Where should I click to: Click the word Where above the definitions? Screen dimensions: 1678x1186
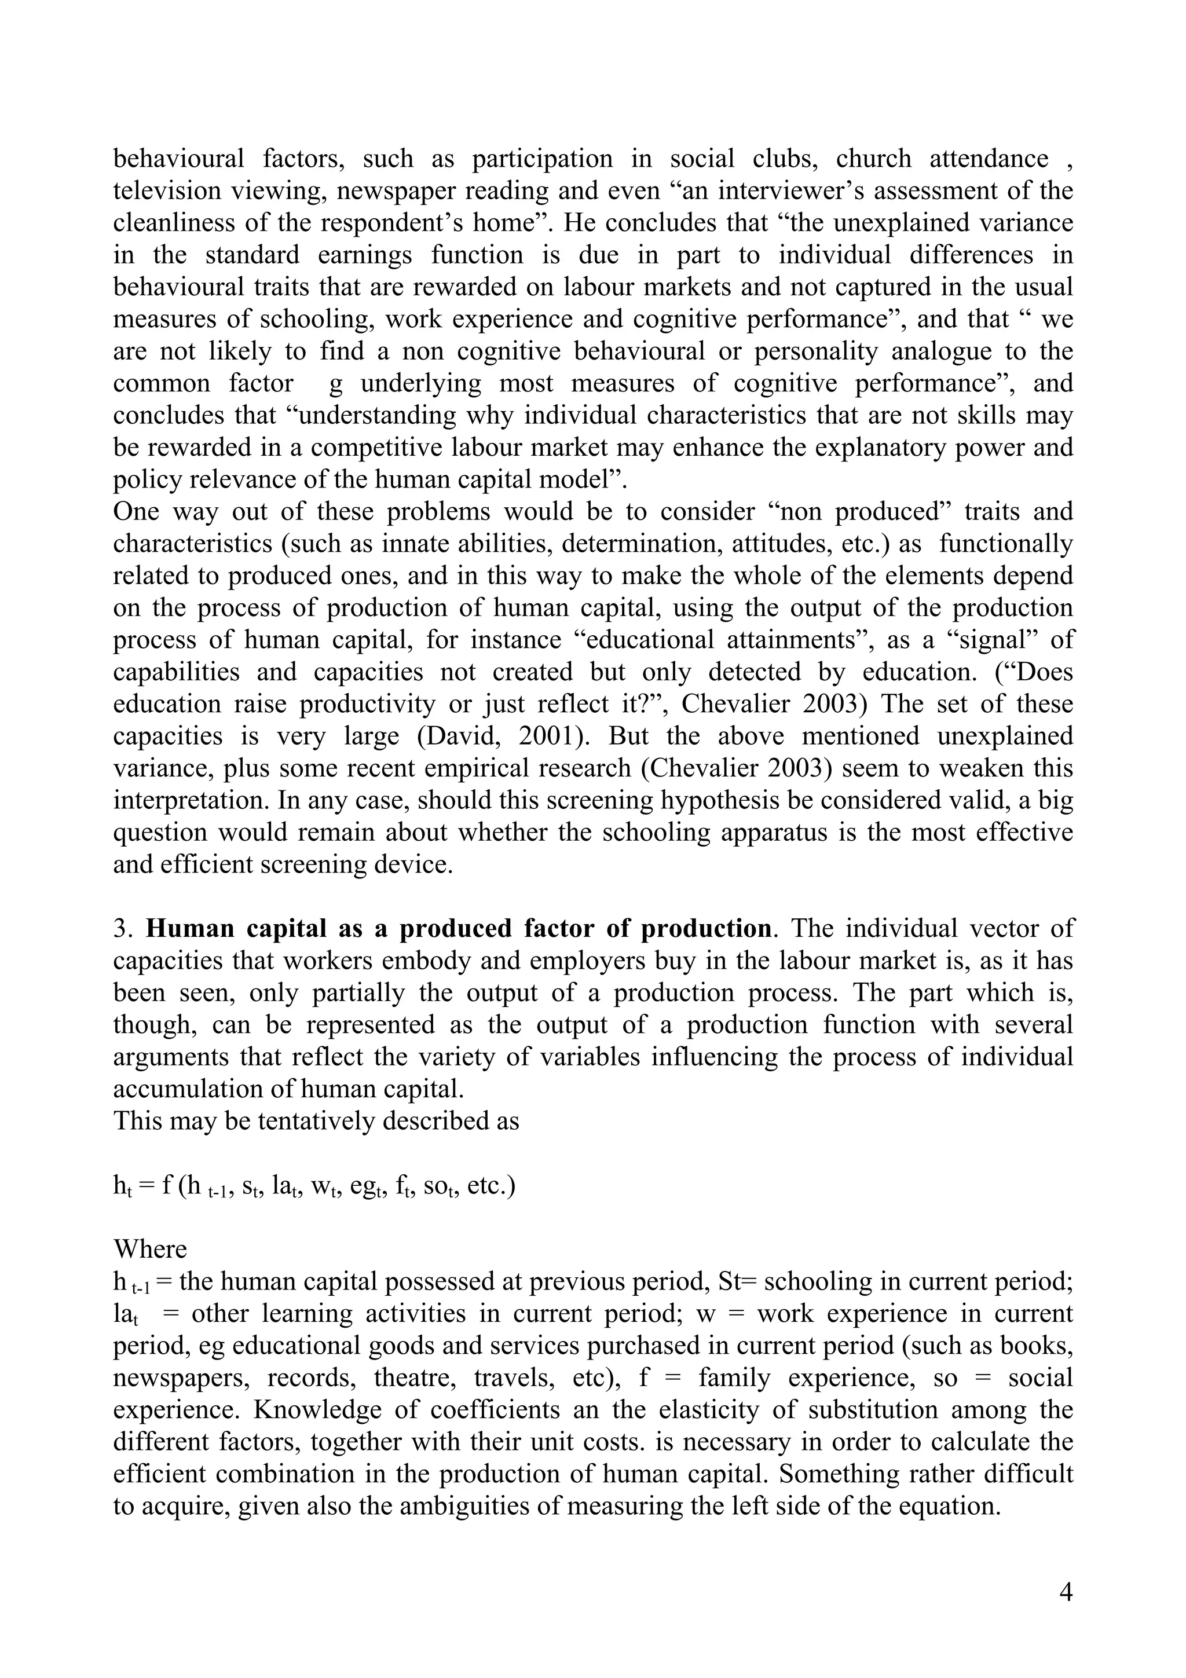point(150,1249)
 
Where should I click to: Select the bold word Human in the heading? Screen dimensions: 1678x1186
point(190,929)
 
